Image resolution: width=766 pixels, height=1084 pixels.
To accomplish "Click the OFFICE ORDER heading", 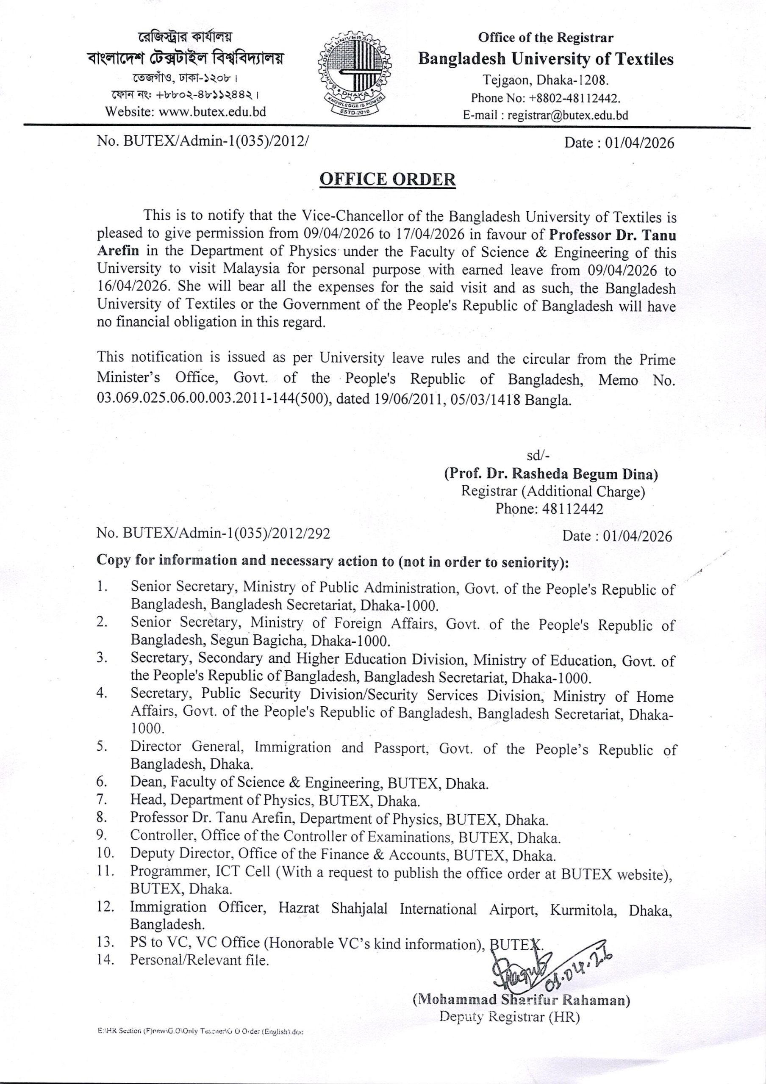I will point(387,180).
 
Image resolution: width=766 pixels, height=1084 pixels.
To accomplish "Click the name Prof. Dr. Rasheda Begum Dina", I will point(551,473).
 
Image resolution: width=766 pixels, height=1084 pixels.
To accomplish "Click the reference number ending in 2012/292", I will point(214,534).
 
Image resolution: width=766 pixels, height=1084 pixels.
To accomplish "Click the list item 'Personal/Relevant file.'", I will point(199,960).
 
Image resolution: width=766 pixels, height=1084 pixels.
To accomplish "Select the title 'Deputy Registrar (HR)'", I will point(509,1017).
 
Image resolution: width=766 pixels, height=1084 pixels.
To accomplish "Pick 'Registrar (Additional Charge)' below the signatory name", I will point(553,492).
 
